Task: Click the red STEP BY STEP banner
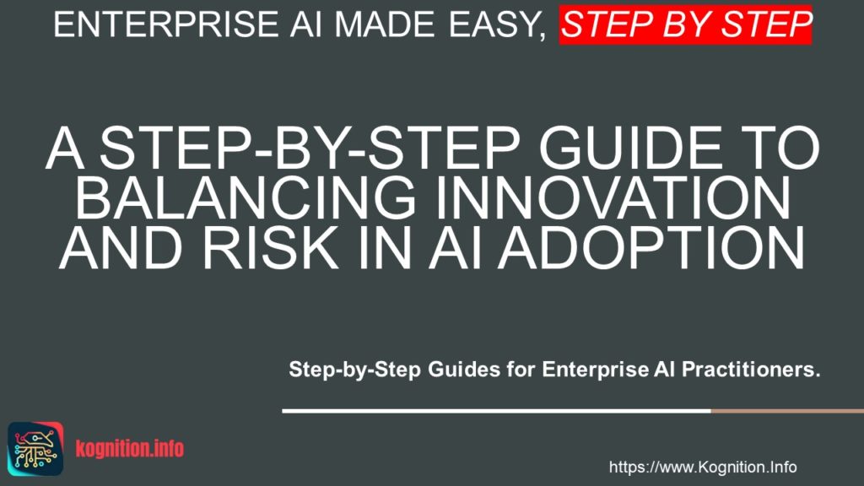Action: [685, 24]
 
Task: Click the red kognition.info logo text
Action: [129, 449]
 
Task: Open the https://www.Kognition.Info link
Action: [702, 467]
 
